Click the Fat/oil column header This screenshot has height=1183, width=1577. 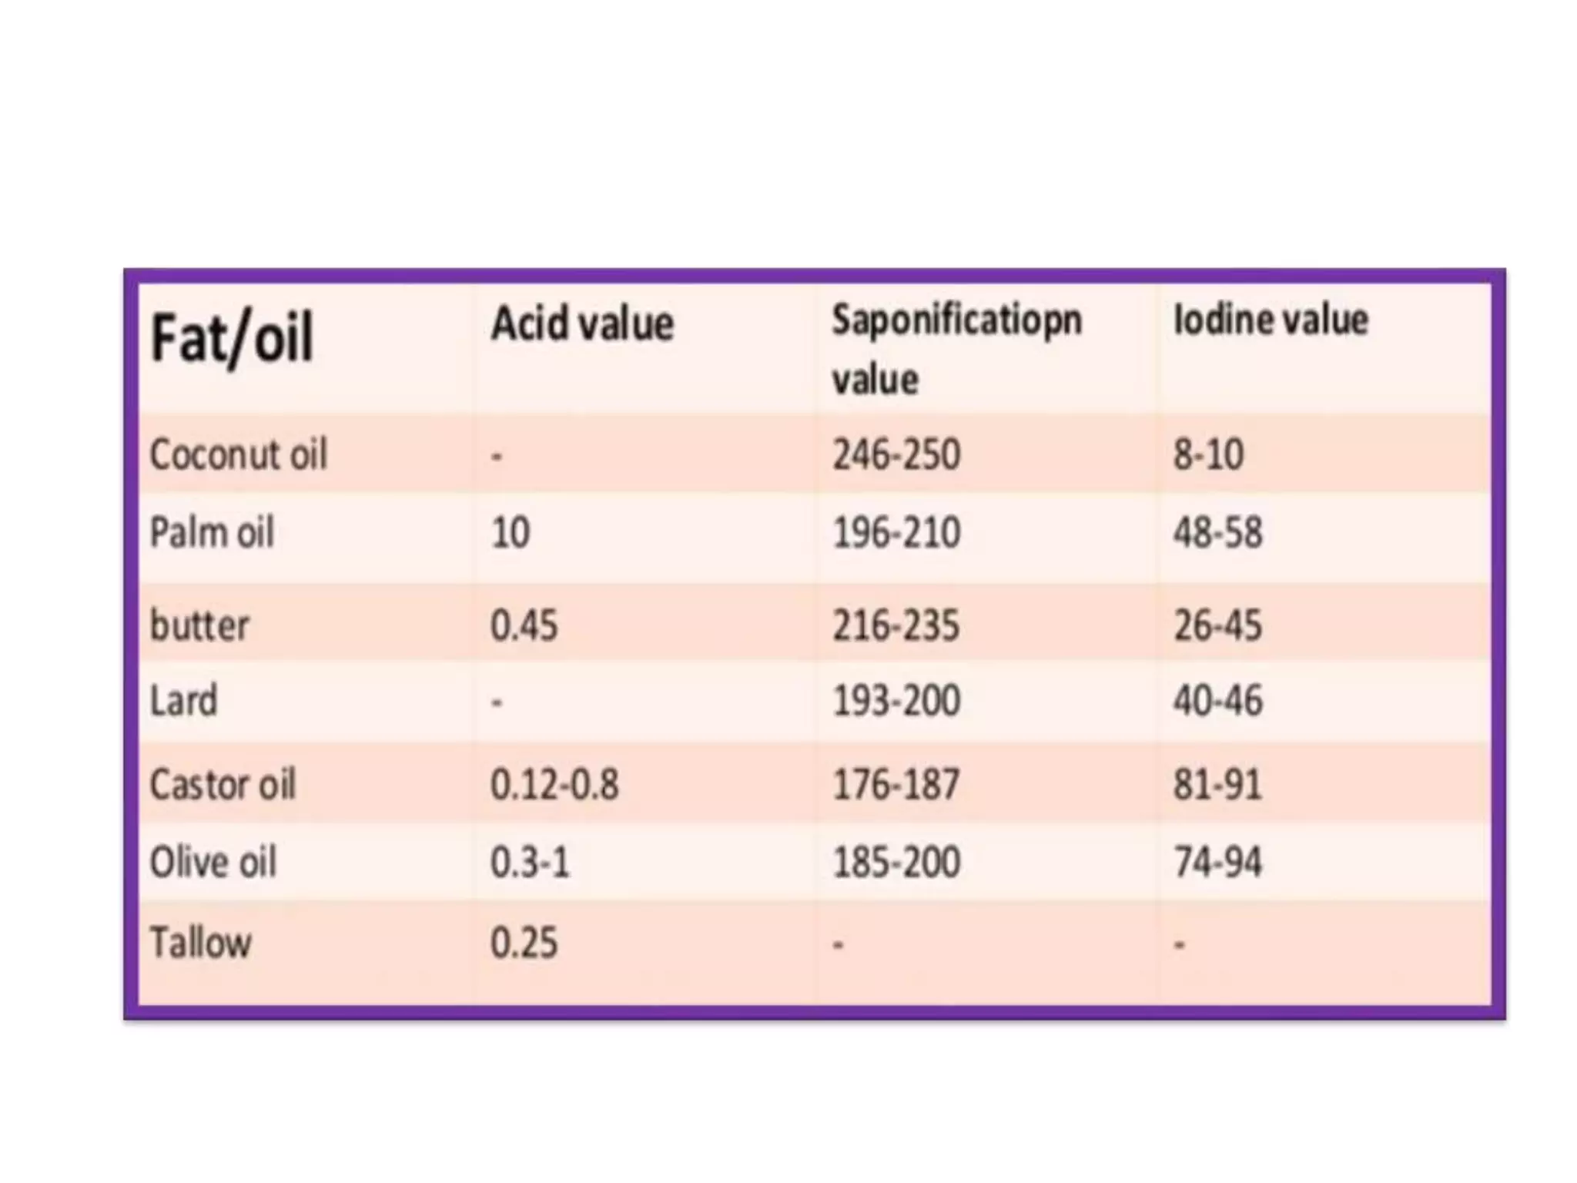(x=231, y=338)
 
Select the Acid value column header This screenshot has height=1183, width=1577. (x=582, y=323)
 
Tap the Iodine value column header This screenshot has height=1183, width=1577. (x=1270, y=320)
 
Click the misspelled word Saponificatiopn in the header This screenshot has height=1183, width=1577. (x=956, y=320)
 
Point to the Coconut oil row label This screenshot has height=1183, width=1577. (x=238, y=454)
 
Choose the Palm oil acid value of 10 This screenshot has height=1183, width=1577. (x=510, y=532)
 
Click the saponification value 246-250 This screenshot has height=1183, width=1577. (x=896, y=454)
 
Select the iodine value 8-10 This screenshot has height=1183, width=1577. (x=1207, y=454)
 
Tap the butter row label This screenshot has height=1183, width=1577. (x=199, y=625)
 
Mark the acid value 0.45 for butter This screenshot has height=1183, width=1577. (x=524, y=625)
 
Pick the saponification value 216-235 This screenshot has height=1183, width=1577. (x=896, y=625)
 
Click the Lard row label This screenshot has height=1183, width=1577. (x=183, y=701)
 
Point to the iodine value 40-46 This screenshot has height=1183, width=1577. (x=1217, y=701)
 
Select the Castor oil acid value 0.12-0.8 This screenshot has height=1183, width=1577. (x=554, y=785)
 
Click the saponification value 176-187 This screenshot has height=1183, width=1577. (x=896, y=785)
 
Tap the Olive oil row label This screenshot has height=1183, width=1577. (x=213, y=862)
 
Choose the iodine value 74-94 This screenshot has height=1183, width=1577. (x=1217, y=862)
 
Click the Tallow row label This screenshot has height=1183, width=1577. (x=200, y=943)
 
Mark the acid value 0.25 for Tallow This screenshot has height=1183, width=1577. (x=524, y=943)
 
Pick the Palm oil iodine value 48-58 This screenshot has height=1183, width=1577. (x=1217, y=532)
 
